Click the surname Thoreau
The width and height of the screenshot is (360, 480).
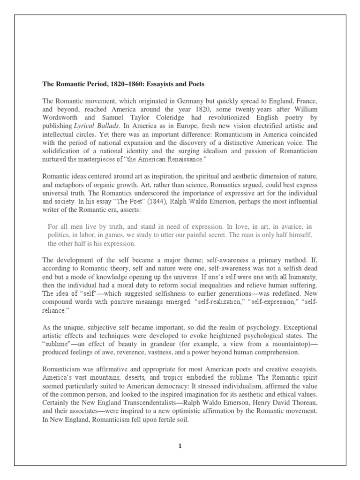tap(303, 403)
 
